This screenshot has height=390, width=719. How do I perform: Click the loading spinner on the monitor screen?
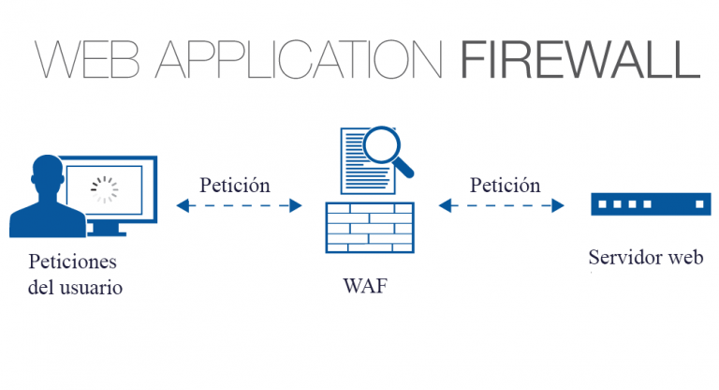coord(104,190)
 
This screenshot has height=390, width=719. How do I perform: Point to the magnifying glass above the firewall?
coord(382,145)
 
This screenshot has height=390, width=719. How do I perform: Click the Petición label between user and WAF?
coord(235,185)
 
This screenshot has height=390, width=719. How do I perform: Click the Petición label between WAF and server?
coord(506,185)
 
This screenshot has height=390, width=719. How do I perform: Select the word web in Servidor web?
coord(684,257)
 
